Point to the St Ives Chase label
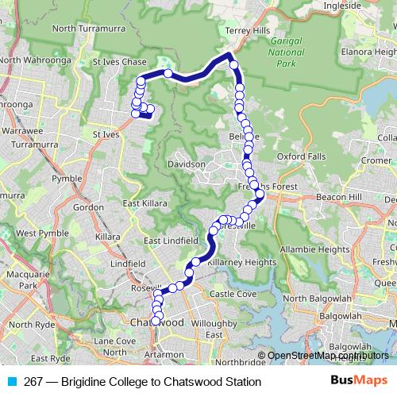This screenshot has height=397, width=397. pyautogui.click(x=120, y=61)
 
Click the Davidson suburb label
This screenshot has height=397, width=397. pyautogui.click(x=185, y=164)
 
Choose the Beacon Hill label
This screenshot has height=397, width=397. pyautogui.click(x=338, y=196)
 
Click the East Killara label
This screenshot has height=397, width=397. pyautogui.click(x=145, y=203)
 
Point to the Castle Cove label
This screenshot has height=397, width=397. pyautogui.click(x=233, y=294)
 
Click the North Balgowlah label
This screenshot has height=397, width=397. pyautogui.click(x=317, y=298)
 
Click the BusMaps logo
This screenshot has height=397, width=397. pyautogui.click(x=357, y=382)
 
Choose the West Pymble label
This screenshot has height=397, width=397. pyautogui.click(x=36, y=233)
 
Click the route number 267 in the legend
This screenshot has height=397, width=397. pyautogui.click(x=33, y=382)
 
